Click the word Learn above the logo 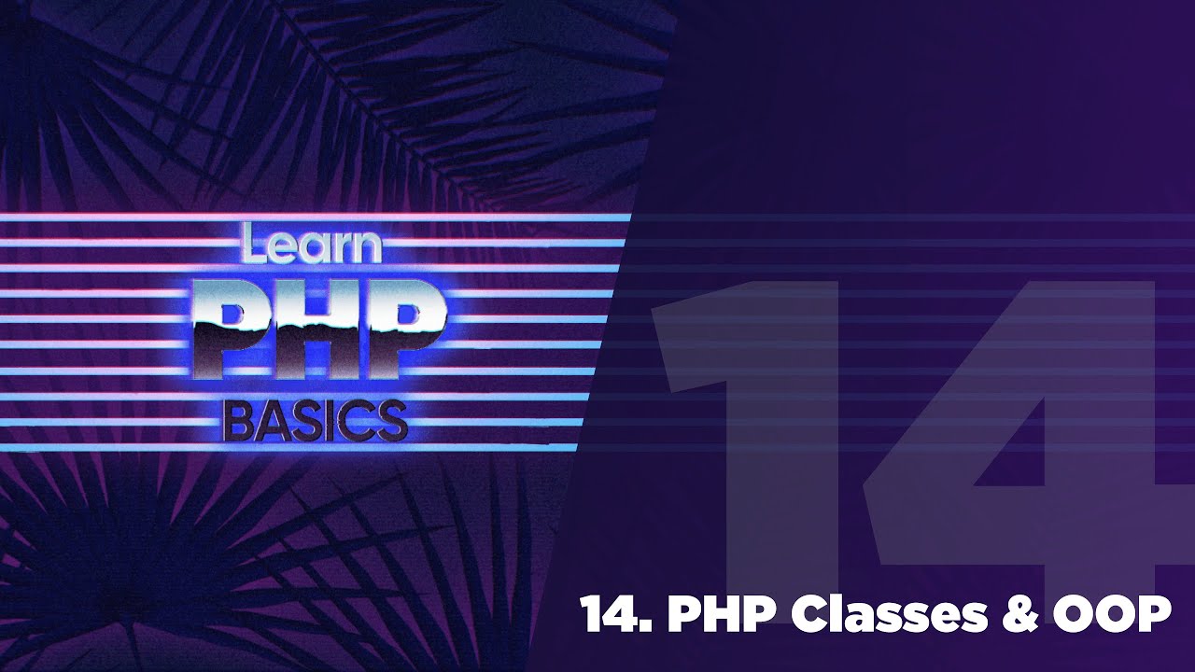pyautogui.click(x=310, y=245)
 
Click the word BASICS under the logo pyautogui.click(x=316, y=421)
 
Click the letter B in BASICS pyautogui.click(x=237, y=421)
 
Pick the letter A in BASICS pyautogui.click(x=272, y=421)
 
